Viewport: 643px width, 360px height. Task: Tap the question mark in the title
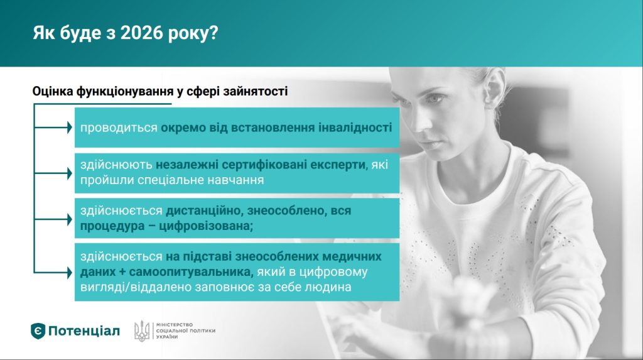pos(213,33)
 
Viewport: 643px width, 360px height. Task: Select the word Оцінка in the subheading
pos(53,91)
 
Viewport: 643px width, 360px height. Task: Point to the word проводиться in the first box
pos(119,128)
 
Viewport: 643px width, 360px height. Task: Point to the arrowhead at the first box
pos(70,128)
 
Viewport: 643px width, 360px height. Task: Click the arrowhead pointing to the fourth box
pos(70,272)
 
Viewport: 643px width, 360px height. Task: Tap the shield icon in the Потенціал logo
pos(38,331)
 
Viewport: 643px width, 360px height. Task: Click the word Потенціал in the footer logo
pos(84,331)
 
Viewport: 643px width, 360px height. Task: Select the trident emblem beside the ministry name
pos(142,331)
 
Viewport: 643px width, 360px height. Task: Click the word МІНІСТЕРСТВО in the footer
pos(175,325)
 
